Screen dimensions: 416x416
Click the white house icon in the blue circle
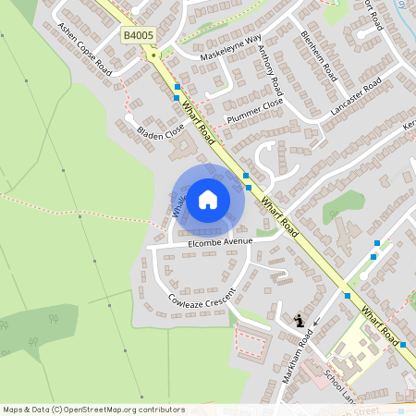click(x=208, y=199)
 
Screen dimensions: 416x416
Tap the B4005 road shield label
click(x=139, y=35)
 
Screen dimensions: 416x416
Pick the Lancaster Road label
click(x=356, y=96)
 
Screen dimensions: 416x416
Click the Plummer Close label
click(x=254, y=112)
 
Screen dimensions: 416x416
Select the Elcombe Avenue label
click(x=219, y=242)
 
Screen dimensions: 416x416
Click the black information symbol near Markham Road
click(x=299, y=321)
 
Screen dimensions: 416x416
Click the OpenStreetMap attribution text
click(x=93, y=409)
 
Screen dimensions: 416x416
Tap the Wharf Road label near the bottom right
click(x=380, y=323)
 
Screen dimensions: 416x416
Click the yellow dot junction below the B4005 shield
click(x=153, y=55)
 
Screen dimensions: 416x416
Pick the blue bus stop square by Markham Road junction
click(x=347, y=296)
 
